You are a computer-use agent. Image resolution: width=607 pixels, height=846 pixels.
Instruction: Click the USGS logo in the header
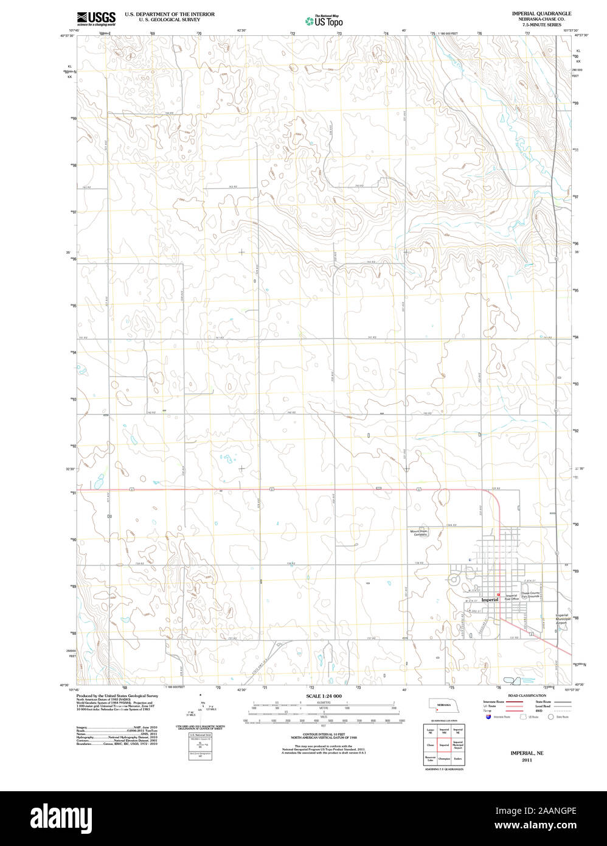96,18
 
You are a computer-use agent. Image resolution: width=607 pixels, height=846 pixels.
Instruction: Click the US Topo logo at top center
324,21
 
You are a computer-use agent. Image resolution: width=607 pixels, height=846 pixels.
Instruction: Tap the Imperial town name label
490,600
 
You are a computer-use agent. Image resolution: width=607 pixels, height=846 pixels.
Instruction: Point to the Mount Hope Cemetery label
418,533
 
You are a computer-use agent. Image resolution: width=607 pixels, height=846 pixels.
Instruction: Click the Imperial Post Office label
511,597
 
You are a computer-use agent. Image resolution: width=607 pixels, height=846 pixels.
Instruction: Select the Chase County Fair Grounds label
530,595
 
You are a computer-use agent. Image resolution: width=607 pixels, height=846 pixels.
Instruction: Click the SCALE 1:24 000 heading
324,696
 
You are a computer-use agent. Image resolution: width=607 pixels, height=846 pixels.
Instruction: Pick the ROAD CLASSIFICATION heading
527,695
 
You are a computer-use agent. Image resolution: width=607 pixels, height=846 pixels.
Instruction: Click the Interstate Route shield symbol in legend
488,717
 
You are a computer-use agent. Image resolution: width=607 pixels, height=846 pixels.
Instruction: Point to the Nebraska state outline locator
443,704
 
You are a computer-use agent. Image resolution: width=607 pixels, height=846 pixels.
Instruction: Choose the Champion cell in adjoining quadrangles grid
443,758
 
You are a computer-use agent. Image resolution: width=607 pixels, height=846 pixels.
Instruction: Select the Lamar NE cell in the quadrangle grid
430,730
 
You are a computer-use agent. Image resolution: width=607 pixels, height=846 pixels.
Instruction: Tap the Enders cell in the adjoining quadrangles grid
457,758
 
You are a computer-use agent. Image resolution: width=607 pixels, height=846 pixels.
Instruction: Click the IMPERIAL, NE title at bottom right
527,753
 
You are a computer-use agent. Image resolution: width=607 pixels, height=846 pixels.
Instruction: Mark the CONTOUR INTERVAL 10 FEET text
324,735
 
